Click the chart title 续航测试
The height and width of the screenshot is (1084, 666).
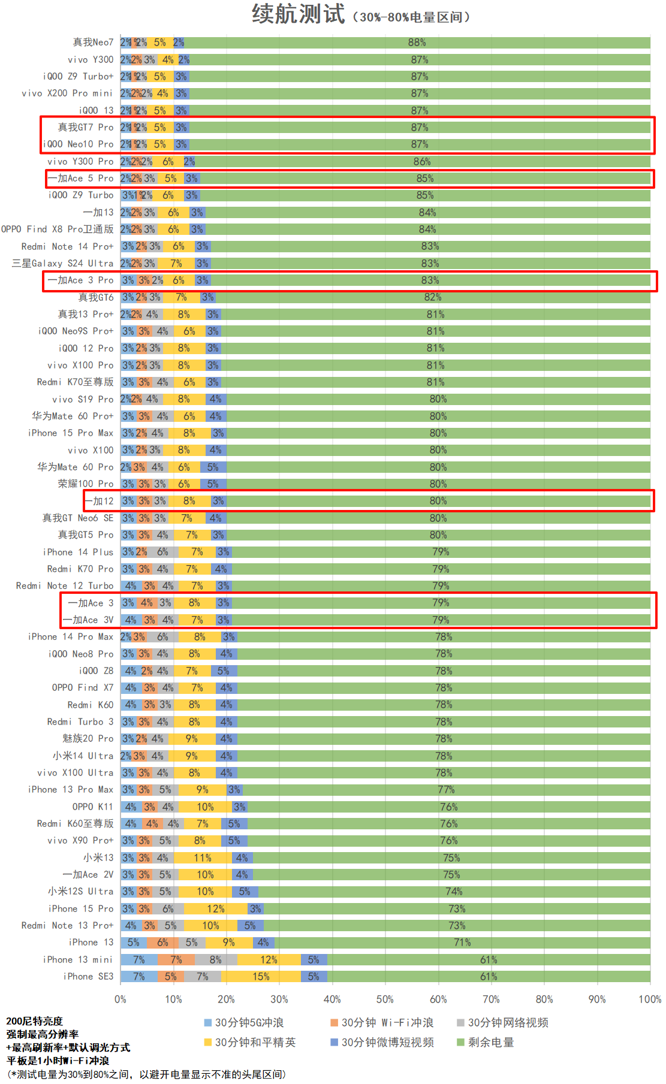click(298, 14)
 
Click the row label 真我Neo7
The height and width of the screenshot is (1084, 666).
click(93, 43)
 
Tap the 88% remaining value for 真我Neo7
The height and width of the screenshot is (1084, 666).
click(417, 43)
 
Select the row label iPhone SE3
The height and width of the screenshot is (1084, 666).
click(88, 976)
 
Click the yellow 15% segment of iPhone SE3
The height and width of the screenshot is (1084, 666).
click(261, 976)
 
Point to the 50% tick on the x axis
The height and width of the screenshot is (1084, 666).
click(385, 999)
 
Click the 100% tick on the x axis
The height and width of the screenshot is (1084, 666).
click(650, 999)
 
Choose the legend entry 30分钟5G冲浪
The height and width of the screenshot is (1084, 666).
click(249, 1022)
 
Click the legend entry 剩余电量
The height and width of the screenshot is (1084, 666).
click(490, 1042)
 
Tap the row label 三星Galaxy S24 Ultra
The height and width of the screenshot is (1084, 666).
click(62, 263)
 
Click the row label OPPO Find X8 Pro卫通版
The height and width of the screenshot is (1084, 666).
click(57, 229)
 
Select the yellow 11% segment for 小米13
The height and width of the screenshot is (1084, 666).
click(202, 857)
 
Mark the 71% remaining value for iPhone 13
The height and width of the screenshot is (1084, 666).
click(462, 942)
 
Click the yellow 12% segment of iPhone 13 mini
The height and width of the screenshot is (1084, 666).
click(269, 959)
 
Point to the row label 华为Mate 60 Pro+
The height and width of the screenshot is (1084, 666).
click(73, 416)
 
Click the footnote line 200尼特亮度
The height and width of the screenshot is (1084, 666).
click(34, 1021)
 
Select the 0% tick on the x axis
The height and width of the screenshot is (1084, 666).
click(120, 999)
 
